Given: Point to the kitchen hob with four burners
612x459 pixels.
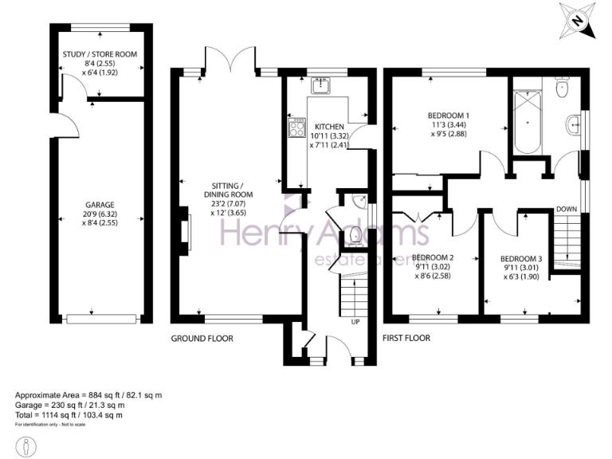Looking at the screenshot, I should tap(298, 127).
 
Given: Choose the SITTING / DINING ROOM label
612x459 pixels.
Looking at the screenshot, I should tap(228, 190).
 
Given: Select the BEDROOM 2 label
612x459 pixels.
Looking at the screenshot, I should tap(433, 257).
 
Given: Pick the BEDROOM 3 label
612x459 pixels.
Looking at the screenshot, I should tap(521, 259).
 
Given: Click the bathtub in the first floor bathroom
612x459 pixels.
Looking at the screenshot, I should tap(528, 124).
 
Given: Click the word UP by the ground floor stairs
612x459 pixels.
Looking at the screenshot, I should tap(355, 322).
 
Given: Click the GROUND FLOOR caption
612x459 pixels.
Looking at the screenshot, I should tap(202, 339).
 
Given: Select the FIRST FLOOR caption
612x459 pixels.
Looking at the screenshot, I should tap(406, 339).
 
